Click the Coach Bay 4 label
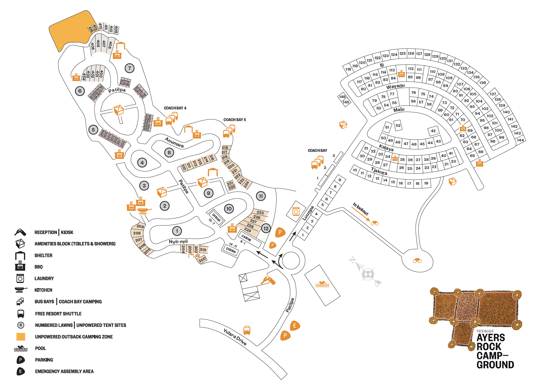point(175,108)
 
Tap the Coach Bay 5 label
point(234,120)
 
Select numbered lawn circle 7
point(129,68)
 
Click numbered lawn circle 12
point(266,228)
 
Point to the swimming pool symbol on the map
point(322,284)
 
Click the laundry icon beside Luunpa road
point(296,212)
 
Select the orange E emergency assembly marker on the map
point(295,326)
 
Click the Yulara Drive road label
point(235,337)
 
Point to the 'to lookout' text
point(360,209)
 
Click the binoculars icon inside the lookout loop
point(417,260)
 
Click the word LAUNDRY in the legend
point(44,278)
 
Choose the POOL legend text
point(40,348)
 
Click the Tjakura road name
point(379,171)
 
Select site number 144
point(520,140)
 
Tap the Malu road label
point(399,110)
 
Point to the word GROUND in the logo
point(495,365)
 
